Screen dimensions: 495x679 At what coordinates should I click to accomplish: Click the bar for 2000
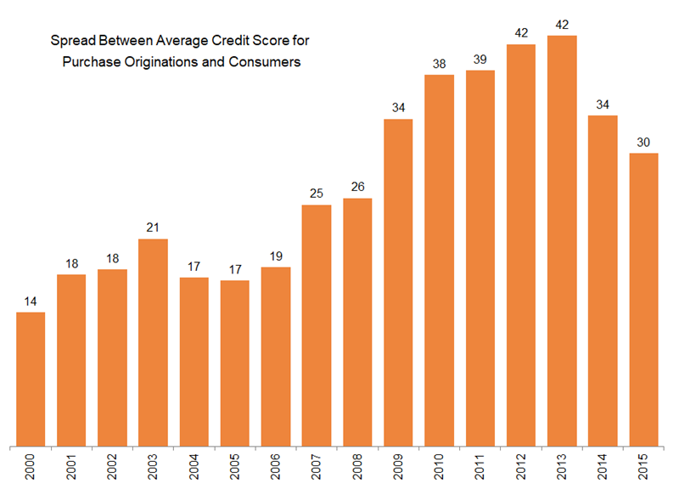(x=31, y=379)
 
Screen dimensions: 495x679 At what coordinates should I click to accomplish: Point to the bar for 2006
(x=276, y=356)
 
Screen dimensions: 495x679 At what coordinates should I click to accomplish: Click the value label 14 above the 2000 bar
(x=31, y=301)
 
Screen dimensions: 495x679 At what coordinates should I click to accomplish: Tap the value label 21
(x=153, y=228)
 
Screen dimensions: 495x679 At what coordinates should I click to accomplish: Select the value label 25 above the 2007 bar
(x=317, y=194)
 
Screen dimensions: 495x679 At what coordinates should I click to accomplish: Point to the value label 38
(x=439, y=64)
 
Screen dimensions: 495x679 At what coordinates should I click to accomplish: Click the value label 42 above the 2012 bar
(x=521, y=33)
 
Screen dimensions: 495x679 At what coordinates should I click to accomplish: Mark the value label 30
(x=643, y=142)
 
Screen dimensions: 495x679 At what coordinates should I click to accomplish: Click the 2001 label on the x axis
(x=72, y=468)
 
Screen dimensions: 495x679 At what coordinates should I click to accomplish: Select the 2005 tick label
(x=235, y=468)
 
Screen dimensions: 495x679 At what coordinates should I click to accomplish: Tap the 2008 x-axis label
(x=358, y=468)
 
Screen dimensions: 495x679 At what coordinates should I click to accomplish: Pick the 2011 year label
(x=480, y=468)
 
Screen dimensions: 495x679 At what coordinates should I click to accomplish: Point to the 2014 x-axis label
(x=603, y=468)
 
